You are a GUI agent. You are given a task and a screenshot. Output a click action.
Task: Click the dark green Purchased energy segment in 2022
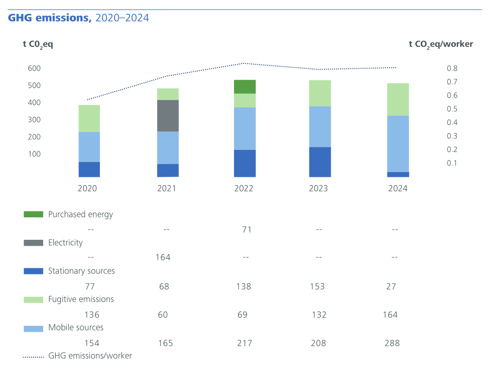click(244, 87)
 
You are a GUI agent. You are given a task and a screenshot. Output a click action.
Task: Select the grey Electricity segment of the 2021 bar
click(168, 116)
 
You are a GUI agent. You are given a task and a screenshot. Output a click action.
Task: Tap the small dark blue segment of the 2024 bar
click(398, 174)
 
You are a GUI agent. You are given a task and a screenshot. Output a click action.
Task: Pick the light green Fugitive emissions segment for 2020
click(89, 118)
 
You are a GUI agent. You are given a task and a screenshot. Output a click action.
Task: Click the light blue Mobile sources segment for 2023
click(320, 126)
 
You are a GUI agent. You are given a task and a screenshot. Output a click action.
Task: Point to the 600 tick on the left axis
click(34, 68)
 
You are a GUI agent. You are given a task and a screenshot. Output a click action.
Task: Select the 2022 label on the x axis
click(244, 188)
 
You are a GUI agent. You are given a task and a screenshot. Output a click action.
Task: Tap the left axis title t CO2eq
click(38, 44)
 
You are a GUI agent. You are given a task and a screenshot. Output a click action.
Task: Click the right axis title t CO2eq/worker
click(441, 44)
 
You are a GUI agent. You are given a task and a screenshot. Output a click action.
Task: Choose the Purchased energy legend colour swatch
click(33, 215)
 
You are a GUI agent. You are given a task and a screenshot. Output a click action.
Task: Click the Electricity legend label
click(65, 243)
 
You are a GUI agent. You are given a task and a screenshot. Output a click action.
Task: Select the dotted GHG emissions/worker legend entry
click(78, 356)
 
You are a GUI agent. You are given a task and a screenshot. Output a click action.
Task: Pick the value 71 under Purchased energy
click(247, 229)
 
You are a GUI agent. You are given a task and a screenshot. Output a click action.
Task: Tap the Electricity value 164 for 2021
click(163, 257)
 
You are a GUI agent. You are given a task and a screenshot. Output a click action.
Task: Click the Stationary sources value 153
click(317, 286)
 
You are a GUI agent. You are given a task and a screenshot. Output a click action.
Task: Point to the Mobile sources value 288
click(392, 343)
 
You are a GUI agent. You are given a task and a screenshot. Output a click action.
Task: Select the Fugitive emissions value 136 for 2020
click(91, 315)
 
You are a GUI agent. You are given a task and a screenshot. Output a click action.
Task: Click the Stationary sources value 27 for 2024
click(391, 286)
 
